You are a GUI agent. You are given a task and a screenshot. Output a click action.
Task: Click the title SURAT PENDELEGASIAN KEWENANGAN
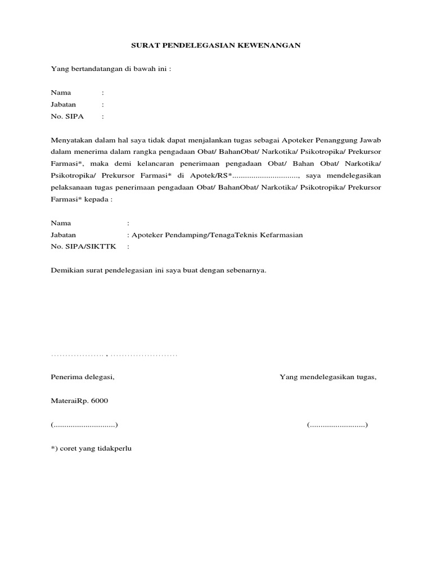coord(216,45)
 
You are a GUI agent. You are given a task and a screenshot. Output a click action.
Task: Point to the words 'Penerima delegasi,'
coord(82,377)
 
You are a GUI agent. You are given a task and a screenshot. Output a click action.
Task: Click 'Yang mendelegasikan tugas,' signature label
coord(328,377)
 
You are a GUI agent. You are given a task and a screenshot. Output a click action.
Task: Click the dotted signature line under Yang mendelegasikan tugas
coord(337,424)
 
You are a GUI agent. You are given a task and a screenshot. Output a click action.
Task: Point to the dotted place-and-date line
coord(114,355)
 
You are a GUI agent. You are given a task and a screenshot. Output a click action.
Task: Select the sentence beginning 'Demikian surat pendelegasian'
coord(159,270)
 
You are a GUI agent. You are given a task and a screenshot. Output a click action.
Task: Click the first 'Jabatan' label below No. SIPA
coord(64,105)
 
